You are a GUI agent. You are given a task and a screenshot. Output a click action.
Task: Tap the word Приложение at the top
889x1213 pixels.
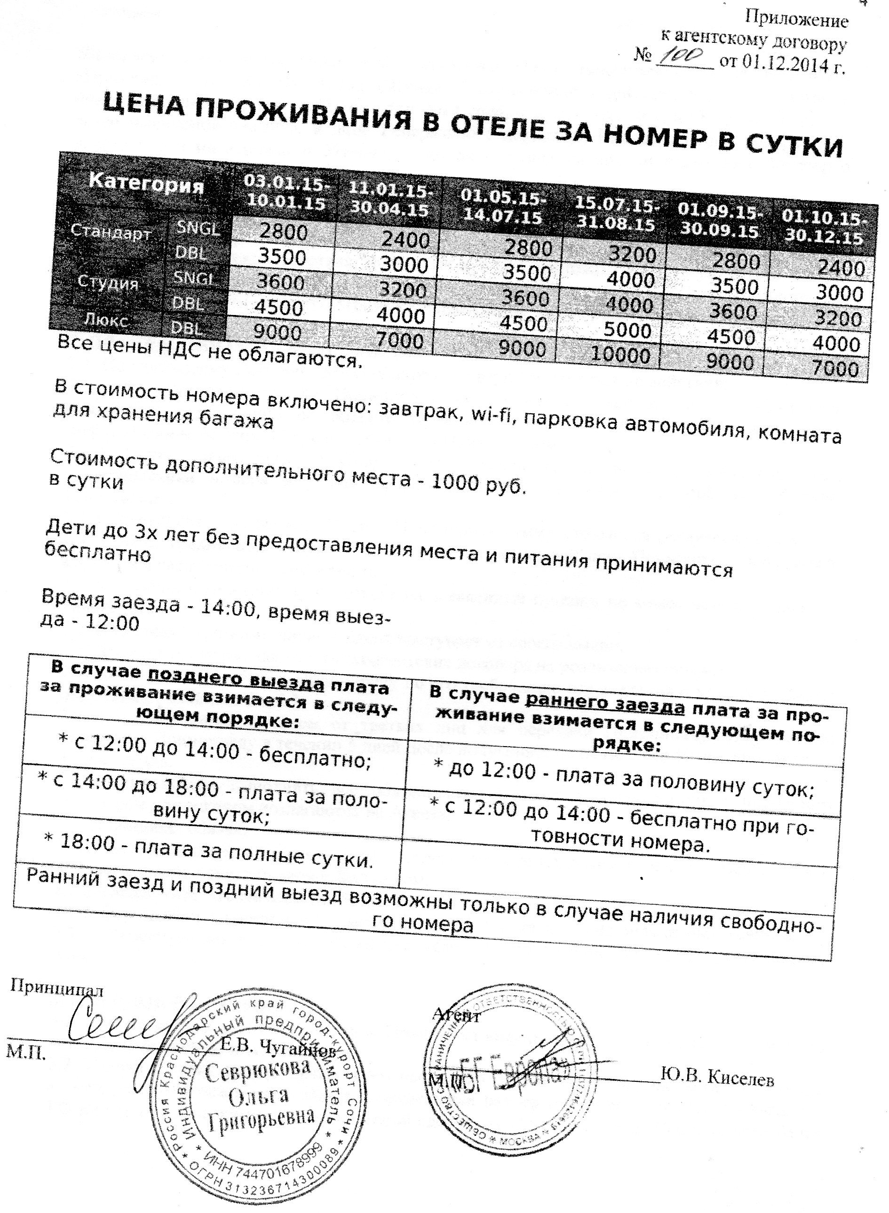coord(796,20)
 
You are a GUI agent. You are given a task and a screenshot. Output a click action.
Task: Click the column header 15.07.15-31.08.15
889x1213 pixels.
coord(616,213)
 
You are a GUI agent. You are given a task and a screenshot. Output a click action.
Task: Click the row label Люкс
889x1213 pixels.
coord(107,321)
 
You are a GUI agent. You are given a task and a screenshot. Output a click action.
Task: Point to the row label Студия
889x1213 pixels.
coord(108,282)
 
